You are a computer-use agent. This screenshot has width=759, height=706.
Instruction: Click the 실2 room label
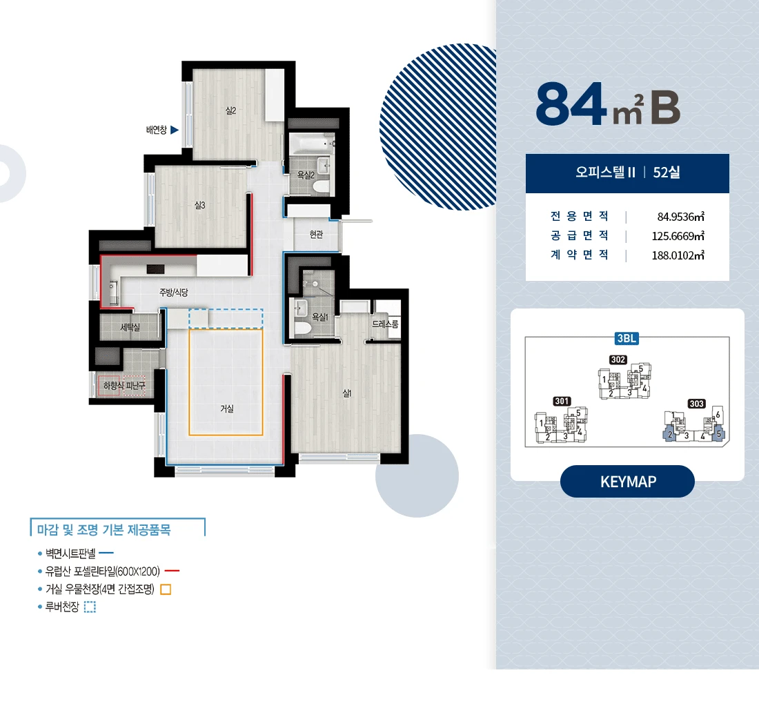[x=231, y=111]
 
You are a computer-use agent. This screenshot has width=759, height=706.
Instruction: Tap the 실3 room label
[x=200, y=205]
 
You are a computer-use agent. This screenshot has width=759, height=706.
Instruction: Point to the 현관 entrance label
[x=316, y=235]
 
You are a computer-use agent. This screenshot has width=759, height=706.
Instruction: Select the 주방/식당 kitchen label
[x=173, y=293]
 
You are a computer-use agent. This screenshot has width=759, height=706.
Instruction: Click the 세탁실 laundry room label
[x=130, y=327]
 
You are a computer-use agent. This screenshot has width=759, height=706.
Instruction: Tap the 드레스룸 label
[x=385, y=324]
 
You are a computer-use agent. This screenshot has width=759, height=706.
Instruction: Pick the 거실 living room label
[x=227, y=409]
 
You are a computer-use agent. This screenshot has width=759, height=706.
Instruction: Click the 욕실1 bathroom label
[x=320, y=317]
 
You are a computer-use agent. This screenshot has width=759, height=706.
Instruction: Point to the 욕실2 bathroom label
[x=306, y=175]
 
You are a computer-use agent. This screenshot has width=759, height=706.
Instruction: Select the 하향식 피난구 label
[x=124, y=386]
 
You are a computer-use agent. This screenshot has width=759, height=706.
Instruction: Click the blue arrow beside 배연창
[x=175, y=130]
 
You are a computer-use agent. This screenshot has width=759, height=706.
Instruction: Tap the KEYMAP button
[x=627, y=481]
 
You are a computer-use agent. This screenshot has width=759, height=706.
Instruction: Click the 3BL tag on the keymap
[x=627, y=338]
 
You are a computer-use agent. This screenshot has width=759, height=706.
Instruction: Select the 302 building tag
[x=618, y=360]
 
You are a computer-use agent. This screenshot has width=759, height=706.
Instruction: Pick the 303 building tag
[x=697, y=404]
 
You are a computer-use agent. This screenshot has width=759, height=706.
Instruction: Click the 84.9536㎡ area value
[x=680, y=217]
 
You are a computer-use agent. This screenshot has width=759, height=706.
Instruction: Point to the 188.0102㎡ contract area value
[x=678, y=255]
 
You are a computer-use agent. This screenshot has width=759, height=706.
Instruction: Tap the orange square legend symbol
[x=166, y=589]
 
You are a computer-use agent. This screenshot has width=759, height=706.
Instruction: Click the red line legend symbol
[x=172, y=571]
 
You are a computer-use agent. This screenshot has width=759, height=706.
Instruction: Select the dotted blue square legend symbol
[x=90, y=607]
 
